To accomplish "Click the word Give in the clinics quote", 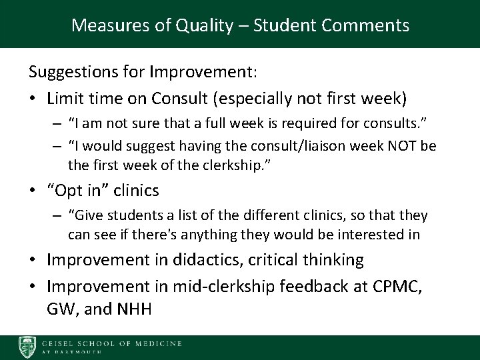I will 83,216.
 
